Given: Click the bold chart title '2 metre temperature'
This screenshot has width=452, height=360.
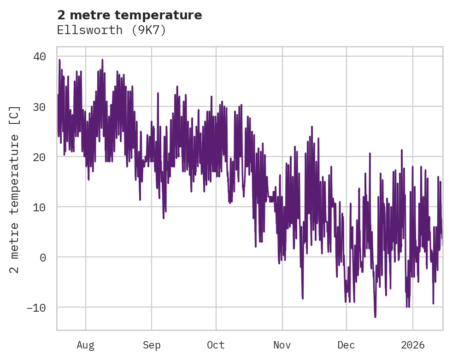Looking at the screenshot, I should [129, 15].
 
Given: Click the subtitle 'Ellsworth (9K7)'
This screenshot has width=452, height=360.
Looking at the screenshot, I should [111, 30].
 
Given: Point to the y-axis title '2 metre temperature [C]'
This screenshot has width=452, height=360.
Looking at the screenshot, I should [15, 189].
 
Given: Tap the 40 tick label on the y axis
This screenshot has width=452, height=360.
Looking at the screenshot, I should [40, 57].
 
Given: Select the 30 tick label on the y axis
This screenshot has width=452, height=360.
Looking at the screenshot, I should [40, 107].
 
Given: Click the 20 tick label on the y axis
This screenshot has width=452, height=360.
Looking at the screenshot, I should [40, 157].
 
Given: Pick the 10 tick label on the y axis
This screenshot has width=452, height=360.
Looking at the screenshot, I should [40, 207].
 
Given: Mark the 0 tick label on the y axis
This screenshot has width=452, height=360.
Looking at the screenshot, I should [43, 257].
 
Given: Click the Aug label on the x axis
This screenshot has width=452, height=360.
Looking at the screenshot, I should [85, 345].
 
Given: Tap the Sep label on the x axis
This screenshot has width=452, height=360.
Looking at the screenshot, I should [152, 345].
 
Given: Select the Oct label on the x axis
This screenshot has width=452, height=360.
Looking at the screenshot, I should [216, 345].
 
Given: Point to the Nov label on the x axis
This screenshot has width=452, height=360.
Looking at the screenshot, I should [282, 345].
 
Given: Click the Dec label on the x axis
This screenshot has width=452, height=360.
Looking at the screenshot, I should [346, 345].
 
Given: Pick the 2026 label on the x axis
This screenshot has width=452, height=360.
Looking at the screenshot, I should [413, 345].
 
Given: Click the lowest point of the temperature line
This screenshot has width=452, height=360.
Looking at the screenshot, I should [375, 317].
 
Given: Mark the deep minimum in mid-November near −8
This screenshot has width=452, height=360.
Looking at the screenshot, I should [303, 298].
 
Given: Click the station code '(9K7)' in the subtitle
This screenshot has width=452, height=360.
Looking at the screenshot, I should [149, 30].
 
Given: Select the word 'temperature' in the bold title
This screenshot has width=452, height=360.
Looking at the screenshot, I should [158, 15].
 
